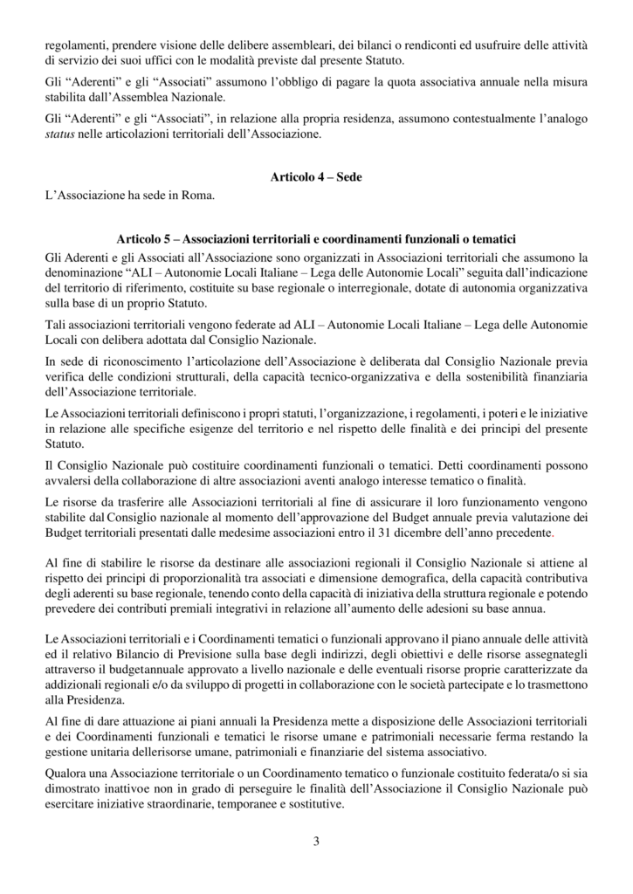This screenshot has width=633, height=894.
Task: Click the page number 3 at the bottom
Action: click(x=316, y=842)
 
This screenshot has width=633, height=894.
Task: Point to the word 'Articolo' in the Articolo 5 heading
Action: click(x=140, y=237)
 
